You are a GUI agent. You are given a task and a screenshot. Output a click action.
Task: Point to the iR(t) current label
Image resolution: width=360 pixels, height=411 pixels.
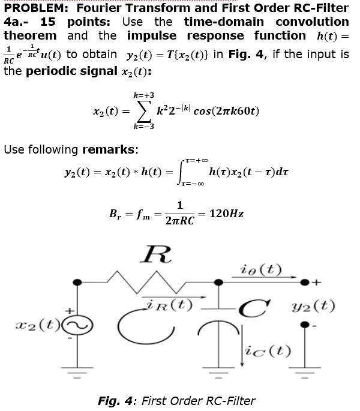167,305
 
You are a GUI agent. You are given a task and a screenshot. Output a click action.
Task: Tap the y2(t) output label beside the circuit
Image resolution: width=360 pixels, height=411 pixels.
315,306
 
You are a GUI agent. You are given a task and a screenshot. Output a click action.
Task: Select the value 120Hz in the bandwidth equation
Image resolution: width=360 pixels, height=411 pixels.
226,214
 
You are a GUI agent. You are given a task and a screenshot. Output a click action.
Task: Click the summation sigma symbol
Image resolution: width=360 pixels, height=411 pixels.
144,111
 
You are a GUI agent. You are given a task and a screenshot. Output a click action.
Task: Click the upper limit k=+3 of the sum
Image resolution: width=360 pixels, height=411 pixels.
144,95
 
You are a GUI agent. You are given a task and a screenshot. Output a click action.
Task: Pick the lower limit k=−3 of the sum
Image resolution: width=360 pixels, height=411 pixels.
144,127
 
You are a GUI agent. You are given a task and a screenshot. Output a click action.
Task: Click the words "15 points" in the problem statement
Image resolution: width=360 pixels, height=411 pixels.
76,22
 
